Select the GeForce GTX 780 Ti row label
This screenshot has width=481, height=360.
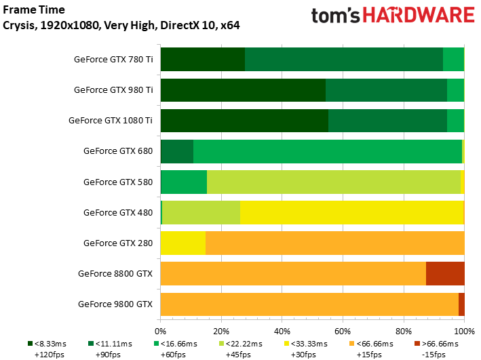click(x=113, y=59)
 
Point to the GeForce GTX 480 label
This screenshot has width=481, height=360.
click(x=118, y=212)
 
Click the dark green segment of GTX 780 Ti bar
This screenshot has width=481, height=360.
click(x=202, y=59)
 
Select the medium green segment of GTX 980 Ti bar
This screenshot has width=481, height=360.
click(x=386, y=89)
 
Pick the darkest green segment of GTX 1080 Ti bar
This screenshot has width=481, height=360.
click(x=244, y=120)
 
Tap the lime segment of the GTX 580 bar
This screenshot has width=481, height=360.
click(x=333, y=181)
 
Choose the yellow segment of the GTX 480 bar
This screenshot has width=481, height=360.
click(x=351, y=212)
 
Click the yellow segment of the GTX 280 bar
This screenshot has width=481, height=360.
click(x=182, y=242)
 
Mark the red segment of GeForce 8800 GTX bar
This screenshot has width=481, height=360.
click(x=445, y=273)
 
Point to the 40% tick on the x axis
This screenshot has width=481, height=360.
click(x=282, y=331)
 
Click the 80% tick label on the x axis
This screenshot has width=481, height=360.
click(x=403, y=331)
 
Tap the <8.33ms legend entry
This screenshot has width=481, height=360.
click(x=47, y=344)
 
